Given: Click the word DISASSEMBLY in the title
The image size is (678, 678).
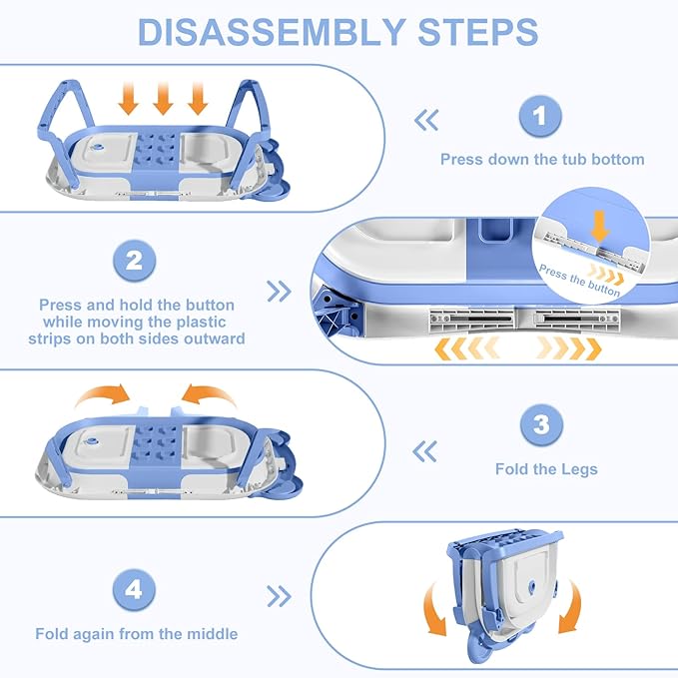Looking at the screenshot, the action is click(272, 32).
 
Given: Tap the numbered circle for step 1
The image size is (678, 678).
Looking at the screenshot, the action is click(540, 116).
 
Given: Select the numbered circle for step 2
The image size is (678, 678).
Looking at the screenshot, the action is click(134, 261).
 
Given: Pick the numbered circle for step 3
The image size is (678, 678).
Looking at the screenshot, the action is click(541, 424).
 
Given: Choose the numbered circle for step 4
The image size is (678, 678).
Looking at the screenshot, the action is click(134, 589).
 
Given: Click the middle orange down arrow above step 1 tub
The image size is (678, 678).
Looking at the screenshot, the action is click(163, 99).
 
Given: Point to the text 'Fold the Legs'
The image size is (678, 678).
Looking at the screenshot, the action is click(546, 469).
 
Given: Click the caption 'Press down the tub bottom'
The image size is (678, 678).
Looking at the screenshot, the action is click(542, 159).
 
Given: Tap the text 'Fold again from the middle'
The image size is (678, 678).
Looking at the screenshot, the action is click(137, 634).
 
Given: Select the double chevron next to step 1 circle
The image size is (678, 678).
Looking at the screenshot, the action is click(426, 120).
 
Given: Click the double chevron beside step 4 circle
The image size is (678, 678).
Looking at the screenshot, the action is click(279, 596).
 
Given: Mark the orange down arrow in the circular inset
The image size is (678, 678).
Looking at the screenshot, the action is click(600, 226).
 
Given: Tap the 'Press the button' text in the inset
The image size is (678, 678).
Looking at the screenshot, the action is click(579, 281).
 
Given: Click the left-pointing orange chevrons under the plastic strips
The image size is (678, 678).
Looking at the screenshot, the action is click(466, 348).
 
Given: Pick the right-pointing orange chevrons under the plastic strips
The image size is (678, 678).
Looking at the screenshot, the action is click(568, 348).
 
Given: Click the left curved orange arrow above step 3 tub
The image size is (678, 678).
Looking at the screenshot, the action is click(103, 394).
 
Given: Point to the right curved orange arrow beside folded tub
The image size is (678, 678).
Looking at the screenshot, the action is click(571, 607).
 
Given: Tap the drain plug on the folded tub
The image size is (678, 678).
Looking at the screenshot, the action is click(531, 585).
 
